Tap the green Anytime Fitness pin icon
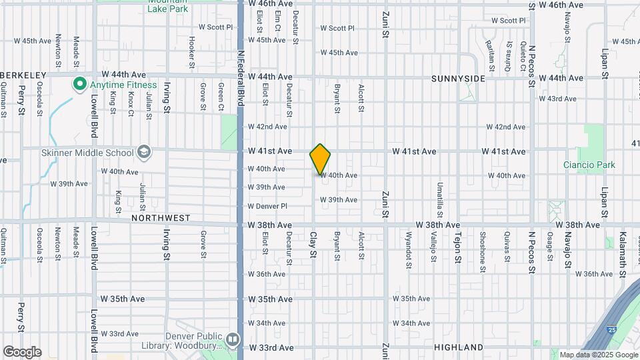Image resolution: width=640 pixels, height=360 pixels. pos(79,85)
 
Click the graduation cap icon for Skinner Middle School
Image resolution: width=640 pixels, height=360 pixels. pos(143,153)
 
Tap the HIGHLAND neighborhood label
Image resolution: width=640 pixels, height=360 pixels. pos(458,347)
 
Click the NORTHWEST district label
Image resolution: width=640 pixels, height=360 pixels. pos(161,218)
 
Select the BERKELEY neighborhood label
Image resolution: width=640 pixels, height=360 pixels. pos(23,75)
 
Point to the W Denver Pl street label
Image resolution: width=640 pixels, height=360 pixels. pos(267,206)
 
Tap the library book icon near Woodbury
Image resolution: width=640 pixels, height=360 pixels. pos(232,340)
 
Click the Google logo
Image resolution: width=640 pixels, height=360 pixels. pos(22,352)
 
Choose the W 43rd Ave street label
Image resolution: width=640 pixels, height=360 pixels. pos(561,99)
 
